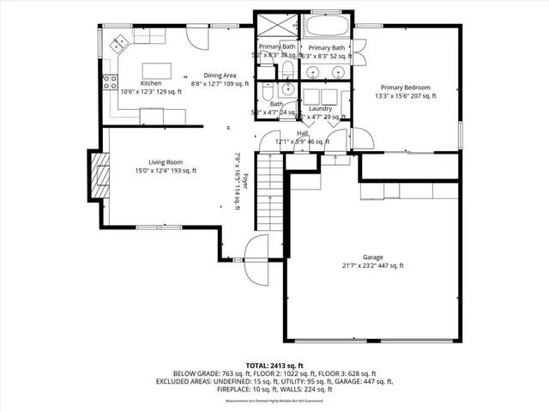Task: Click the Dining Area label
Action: click(x=220, y=75)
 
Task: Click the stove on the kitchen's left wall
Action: click(x=110, y=83)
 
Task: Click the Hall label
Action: click(x=302, y=133)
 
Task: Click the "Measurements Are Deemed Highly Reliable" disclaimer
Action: click(x=274, y=400)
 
